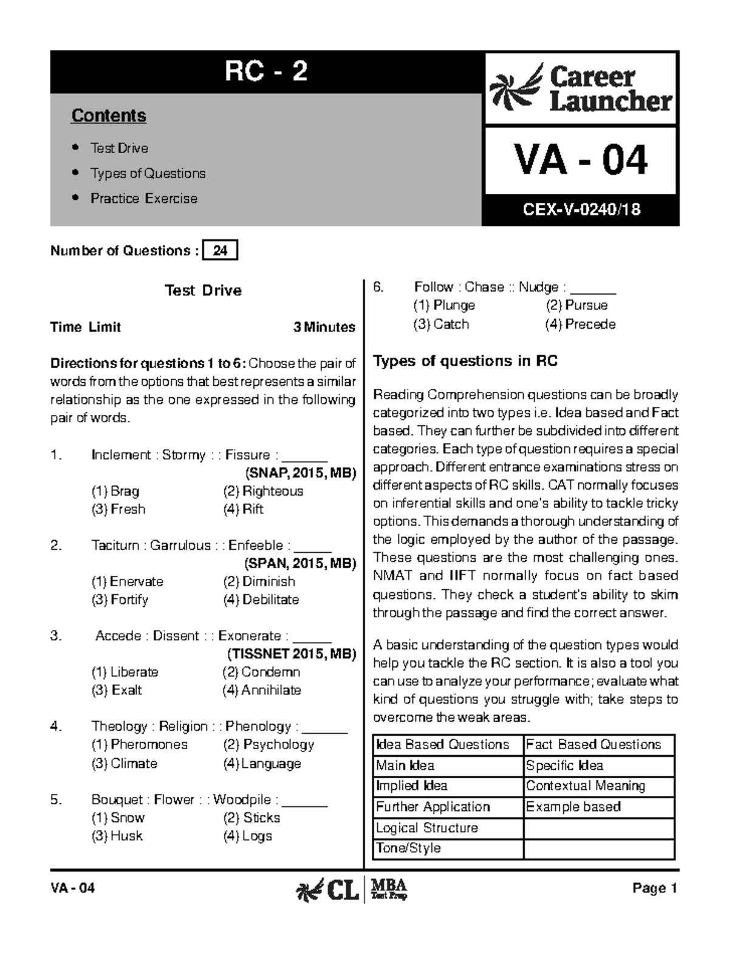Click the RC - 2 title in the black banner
265,72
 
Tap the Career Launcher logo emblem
516,89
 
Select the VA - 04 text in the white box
581,160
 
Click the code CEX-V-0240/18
581,210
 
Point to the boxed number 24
221,250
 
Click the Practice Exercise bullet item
143,199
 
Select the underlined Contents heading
109,115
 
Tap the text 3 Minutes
324,327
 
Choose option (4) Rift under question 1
244,509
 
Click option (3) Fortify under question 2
120,600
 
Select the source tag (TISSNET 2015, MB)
292,654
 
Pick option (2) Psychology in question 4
269,744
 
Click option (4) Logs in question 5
248,836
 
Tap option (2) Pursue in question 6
577,306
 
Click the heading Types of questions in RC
465,361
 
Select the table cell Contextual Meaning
585,786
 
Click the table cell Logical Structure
426,827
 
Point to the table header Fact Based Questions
593,744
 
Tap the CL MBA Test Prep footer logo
351,890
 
